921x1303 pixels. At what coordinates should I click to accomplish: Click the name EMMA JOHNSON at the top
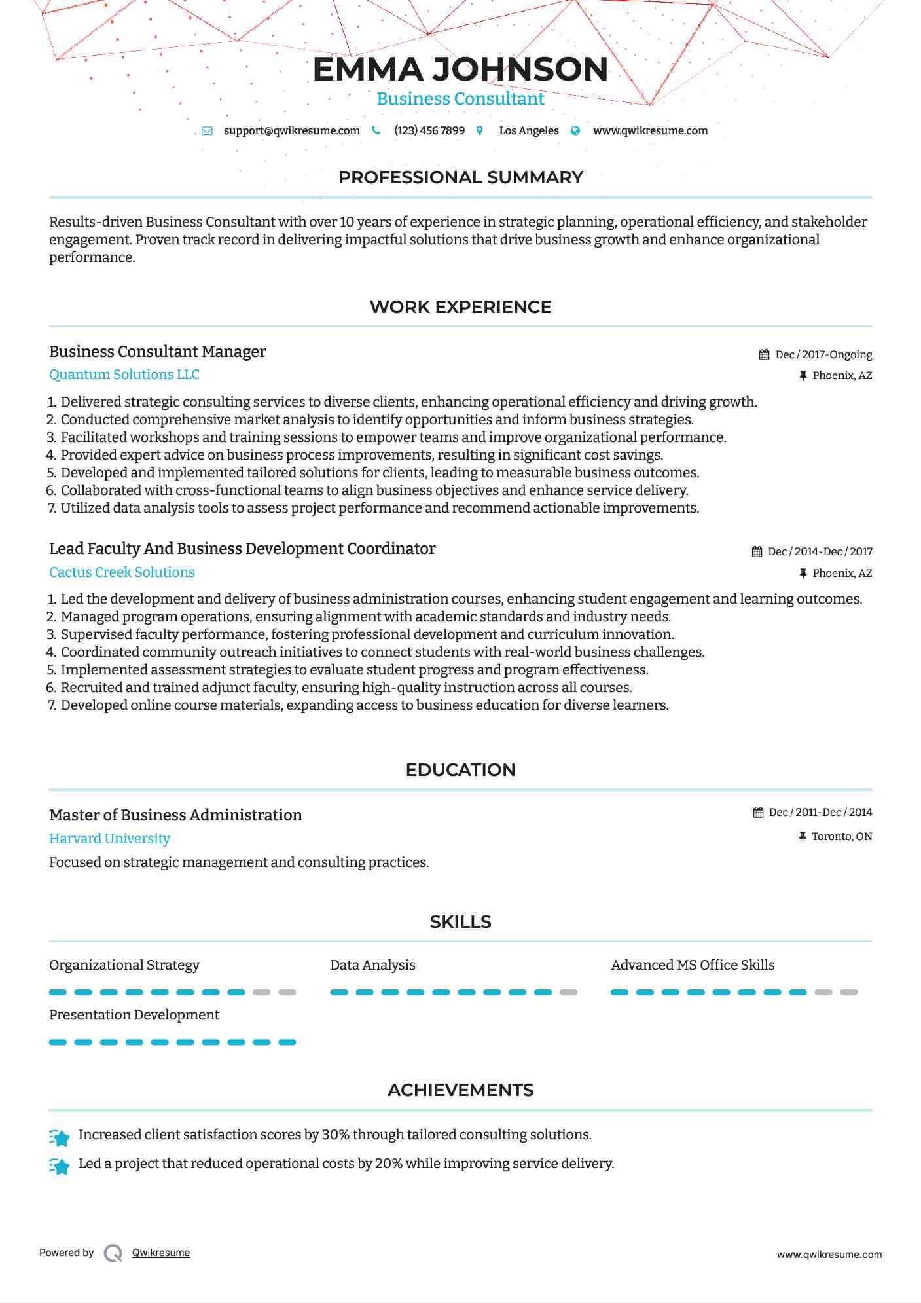point(460,69)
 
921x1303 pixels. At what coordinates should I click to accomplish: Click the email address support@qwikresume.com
point(291,130)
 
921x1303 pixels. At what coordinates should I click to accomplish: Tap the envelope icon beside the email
point(207,130)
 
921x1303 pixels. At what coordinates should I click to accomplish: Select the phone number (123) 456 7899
point(429,130)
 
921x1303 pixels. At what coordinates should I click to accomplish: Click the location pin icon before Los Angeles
point(480,130)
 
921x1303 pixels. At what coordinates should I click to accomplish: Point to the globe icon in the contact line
point(575,130)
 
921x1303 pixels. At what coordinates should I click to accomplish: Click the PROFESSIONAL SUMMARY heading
point(460,177)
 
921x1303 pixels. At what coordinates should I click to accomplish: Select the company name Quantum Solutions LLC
point(124,375)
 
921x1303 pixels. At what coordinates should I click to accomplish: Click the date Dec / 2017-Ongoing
point(823,354)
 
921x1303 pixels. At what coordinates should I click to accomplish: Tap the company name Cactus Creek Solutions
point(122,572)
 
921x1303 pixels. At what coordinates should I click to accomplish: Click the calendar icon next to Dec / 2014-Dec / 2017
point(757,552)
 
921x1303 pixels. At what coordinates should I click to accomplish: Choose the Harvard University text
point(109,839)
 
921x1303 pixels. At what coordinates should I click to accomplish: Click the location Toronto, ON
point(841,836)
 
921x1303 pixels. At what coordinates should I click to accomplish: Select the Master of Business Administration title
point(175,815)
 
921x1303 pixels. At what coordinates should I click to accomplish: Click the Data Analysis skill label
point(372,965)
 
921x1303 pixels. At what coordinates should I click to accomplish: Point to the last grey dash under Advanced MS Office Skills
point(848,993)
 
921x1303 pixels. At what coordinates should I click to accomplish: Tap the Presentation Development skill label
point(134,1015)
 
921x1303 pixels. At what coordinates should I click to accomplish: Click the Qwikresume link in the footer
point(161,1253)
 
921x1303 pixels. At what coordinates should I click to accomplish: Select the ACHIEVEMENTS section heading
point(460,1090)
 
